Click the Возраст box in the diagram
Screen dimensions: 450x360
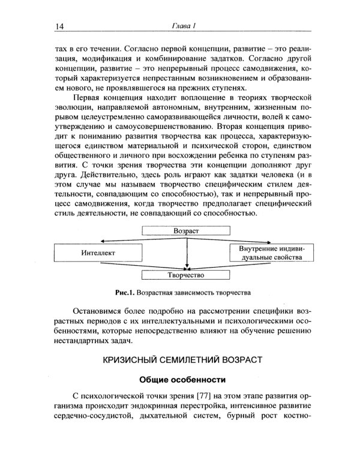(186, 230)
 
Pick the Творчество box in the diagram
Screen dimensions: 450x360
(187, 275)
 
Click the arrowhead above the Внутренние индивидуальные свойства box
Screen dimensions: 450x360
(286, 242)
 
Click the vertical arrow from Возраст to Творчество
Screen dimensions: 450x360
(187, 252)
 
